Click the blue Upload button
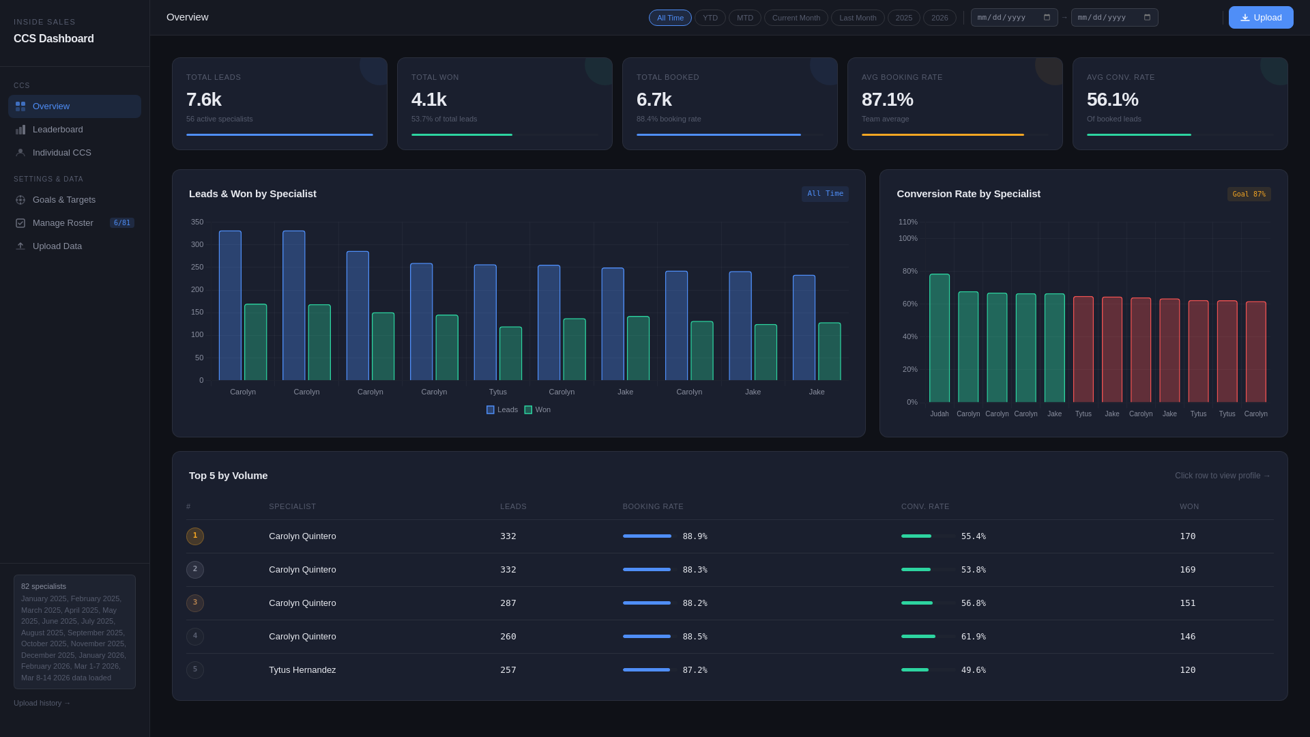[1260, 18]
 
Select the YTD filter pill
[710, 18]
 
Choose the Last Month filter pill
[857, 18]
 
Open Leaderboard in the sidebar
[58, 130]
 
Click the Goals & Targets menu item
[64, 200]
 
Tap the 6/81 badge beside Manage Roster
[122, 223]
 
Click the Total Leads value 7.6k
[204, 100]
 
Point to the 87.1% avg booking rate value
[887, 100]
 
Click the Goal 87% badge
[1249, 194]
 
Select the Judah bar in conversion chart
[939, 338]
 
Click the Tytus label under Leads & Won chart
[497, 392]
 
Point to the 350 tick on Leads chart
[197, 222]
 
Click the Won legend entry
[538, 410]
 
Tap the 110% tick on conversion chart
[907, 222]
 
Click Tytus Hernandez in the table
[302, 670]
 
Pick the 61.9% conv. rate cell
[973, 637]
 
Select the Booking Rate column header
[652, 506]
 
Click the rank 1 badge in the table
[195, 536]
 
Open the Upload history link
[42, 703]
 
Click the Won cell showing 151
[1187, 603]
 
